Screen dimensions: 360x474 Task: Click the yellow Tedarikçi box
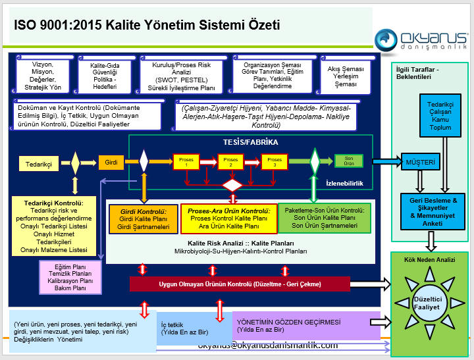tap(38, 161)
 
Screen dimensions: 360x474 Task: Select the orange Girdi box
tap(111, 161)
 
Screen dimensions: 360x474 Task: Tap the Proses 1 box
tap(186, 161)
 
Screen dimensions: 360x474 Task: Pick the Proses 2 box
tap(231, 161)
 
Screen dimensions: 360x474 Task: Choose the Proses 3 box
tap(275, 161)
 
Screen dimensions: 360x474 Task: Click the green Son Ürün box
tap(349, 161)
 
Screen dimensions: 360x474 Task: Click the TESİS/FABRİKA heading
tap(251, 142)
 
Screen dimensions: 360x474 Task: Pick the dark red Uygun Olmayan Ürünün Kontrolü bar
tap(240, 284)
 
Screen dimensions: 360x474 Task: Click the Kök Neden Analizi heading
tap(431, 260)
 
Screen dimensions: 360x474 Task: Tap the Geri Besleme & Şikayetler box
tap(429, 211)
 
